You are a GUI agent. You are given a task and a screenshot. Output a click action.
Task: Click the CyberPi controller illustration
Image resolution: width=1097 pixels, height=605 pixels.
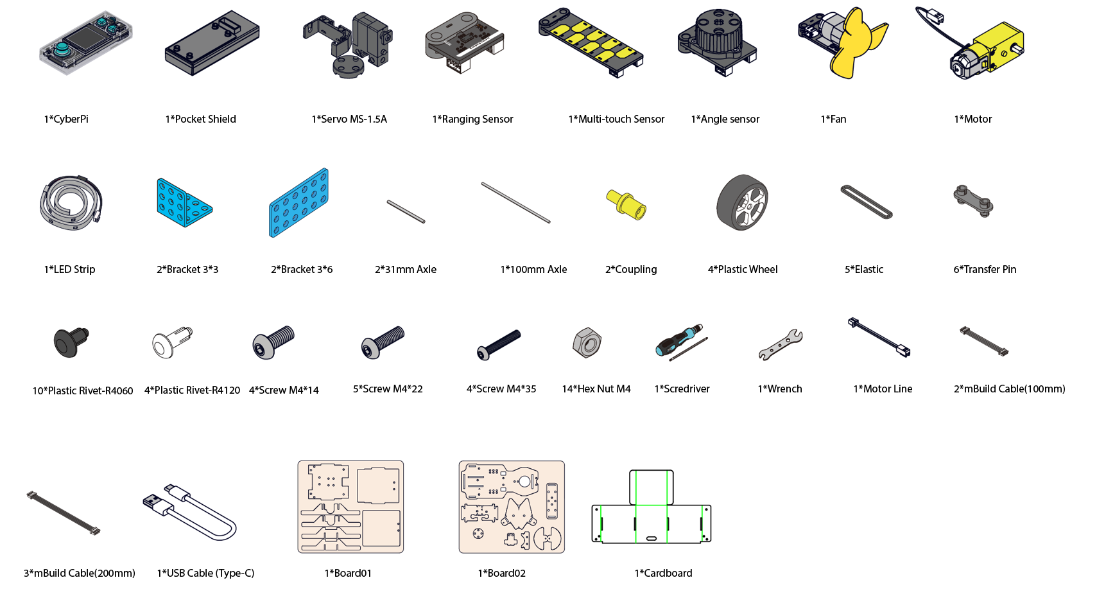(86, 43)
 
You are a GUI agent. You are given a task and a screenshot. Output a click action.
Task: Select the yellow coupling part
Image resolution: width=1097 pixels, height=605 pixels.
(626, 205)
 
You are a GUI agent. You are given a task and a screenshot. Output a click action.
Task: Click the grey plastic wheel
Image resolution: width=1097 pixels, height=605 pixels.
(743, 202)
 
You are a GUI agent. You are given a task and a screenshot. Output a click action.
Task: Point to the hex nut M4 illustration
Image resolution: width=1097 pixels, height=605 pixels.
(587, 342)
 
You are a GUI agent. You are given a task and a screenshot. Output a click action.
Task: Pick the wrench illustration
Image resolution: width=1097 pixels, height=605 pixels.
(781, 345)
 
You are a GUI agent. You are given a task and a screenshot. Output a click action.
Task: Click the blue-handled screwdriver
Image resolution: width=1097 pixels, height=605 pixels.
(682, 342)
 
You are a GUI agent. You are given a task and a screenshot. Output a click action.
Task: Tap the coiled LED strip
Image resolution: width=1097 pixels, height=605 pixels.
(71, 202)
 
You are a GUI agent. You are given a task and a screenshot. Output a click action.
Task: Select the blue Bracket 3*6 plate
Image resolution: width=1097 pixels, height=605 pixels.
(298, 203)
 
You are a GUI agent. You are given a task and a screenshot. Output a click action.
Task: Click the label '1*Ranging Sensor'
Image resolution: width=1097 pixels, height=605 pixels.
(472, 119)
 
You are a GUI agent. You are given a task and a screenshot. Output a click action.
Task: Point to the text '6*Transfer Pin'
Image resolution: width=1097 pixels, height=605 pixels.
(985, 269)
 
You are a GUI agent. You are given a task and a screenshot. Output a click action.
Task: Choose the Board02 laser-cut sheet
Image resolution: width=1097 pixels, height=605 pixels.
(512, 507)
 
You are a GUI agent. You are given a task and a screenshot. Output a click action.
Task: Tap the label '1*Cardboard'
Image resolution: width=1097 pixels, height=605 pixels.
(663, 573)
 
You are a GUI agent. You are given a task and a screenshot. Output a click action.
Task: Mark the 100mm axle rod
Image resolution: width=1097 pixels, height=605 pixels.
(515, 203)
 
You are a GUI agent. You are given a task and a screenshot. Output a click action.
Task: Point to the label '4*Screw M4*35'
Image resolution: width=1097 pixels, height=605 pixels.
(501, 389)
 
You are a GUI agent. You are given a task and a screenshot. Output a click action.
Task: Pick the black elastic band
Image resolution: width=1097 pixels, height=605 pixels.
(867, 202)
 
